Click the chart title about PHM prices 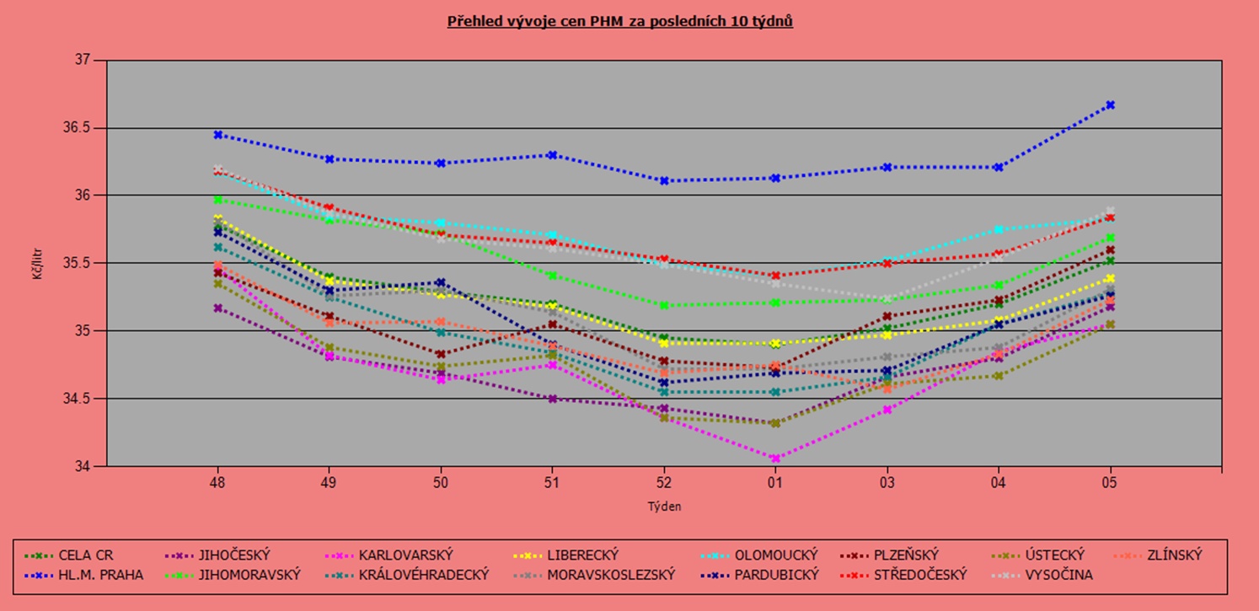pos(619,21)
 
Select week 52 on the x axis pos(663,483)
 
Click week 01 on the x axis pos(774,483)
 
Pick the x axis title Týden pos(664,506)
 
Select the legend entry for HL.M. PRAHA pos(100,575)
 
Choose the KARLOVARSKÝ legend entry pos(405,555)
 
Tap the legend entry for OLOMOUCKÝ pos(776,555)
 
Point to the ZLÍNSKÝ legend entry pos(1172,555)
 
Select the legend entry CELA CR pos(85,555)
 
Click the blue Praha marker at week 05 pos(1110,105)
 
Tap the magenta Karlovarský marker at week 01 pos(774,458)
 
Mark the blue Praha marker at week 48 pos(218,135)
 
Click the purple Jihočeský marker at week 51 pos(552,399)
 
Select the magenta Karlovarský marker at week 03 pos(887,410)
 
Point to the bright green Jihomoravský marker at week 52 pos(663,305)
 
